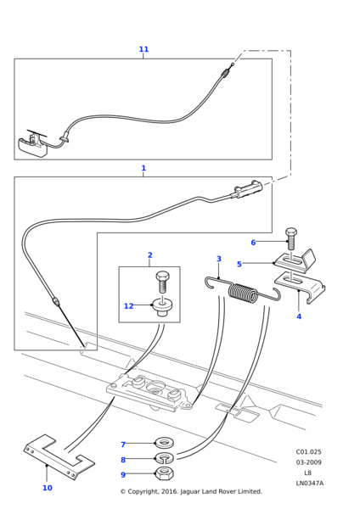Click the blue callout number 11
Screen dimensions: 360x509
pos(143,49)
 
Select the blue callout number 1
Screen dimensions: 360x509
pos(143,168)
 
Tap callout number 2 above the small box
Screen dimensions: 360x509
pos(149,255)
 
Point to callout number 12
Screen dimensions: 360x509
pos(129,306)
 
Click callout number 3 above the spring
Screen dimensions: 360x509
pos(219,259)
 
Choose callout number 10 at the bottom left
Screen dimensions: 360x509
pos(48,488)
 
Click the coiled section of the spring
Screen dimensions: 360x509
pos(243,294)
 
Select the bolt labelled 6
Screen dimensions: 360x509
pos(291,238)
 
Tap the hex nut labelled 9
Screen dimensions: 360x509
pos(165,473)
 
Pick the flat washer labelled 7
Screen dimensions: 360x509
pos(165,442)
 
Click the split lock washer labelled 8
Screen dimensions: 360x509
pos(165,458)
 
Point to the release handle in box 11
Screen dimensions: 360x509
pos(33,145)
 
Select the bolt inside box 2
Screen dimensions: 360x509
pos(162,282)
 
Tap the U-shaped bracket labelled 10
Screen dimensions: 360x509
pos(59,457)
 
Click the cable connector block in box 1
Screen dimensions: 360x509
pos(248,189)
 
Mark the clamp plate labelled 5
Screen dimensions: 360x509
pos(295,260)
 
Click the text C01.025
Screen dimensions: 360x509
pos(308,451)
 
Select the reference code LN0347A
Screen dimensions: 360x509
pos(310,483)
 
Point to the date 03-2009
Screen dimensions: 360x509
pos(308,462)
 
